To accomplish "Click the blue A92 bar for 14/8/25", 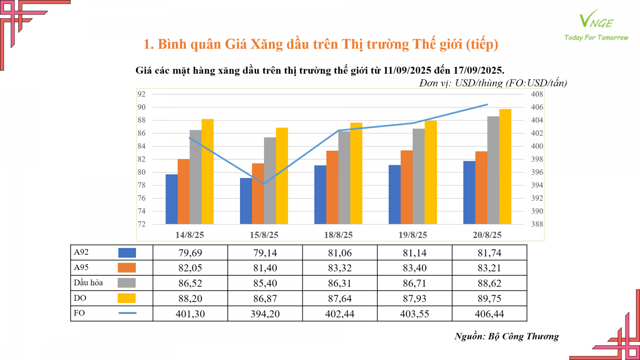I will coord(172,199).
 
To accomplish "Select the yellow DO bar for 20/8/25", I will coord(505,166).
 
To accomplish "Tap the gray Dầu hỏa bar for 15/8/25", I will coord(270,181).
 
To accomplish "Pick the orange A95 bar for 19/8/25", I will coord(406,187).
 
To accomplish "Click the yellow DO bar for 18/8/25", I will coord(356,173).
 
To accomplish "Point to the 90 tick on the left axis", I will coord(142,107).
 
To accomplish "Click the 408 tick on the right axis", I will coord(537,94).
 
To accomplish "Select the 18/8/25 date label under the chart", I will coord(338,235).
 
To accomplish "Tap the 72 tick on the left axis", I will coord(142,224).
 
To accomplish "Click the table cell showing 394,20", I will coord(265,314).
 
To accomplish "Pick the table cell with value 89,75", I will coord(489,298).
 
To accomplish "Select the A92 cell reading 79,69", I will coord(190,253).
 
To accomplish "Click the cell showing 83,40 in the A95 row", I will coord(414,268).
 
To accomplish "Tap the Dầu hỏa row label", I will coord(88,283).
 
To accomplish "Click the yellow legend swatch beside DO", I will coord(126,298).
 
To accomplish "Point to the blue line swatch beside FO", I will coord(127,313).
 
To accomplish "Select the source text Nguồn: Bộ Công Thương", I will coord(506,336).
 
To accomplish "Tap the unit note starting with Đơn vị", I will coord(493,83).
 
